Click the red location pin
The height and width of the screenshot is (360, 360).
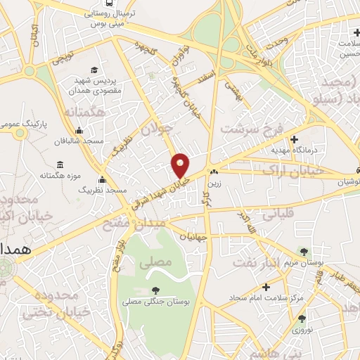pyautogui.click(x=181, y=165)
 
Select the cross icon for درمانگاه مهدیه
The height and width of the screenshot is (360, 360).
pyautogui.click(x=294, y=139)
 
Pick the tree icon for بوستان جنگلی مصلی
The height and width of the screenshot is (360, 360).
pyautogui.click(x=155, y=290)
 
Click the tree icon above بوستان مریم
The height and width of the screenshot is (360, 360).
pyautogui.click(x=303, y=251)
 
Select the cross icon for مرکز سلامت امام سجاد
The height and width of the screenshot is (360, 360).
pyautogui.click(x=265, y=287)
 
